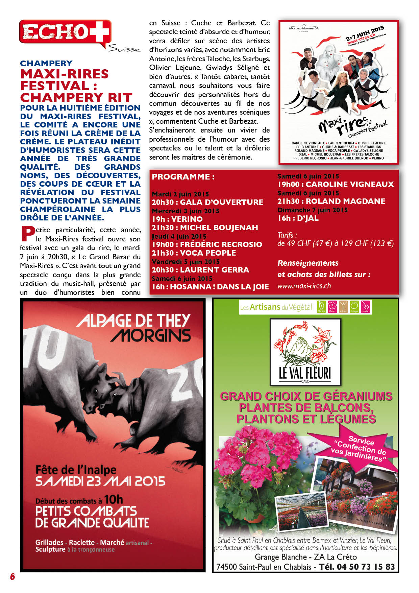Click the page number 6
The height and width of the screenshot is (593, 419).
click(x=13, y=576)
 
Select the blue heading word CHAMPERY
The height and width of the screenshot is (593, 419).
click(x=46, y=64)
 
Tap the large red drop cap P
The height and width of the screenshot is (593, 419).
click(x=27, y=234)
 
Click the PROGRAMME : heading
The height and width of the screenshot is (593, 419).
click(x=183, y=177)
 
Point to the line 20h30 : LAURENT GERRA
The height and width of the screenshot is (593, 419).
click(x=200, y=270)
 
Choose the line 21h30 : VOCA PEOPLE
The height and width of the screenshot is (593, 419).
click(x=194, y=253)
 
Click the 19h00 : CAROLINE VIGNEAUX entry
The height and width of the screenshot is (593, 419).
click(x=336, y=184)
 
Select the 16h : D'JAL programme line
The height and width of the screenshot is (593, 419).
click(x=298, y=218)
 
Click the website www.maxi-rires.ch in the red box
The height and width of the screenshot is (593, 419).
click(x=304, y=286)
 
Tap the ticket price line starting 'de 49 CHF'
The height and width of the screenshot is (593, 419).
click(x=336, y=243)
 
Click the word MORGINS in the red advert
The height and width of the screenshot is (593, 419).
click(x=151, y=336)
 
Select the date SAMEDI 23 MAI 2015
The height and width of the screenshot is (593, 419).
click(x=100, y=481)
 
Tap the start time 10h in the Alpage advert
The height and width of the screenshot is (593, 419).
click(x=114, y=500)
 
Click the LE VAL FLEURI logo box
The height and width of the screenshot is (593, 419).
click(x=305, y=352)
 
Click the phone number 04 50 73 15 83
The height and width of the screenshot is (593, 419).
click(x=366, y=567)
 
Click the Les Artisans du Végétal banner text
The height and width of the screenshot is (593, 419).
click(x=276, y=307)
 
